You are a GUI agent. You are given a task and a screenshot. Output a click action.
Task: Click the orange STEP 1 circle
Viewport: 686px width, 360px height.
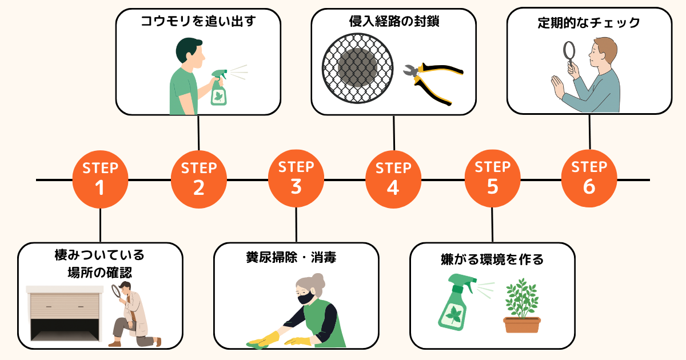[100, 179]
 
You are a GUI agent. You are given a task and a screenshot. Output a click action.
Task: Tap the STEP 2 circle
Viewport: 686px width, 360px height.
[198, 179]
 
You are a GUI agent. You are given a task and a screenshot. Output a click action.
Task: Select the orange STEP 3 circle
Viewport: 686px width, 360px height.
[296, 179]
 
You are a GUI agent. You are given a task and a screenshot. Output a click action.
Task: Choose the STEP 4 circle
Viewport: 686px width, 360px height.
[393, 179]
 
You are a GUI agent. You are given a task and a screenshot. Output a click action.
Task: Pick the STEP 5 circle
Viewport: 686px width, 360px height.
[492, 179]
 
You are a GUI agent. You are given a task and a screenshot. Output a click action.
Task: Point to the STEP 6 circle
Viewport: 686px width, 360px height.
[589, 179]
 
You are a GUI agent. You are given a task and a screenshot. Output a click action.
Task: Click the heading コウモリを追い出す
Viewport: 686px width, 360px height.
[198, 22]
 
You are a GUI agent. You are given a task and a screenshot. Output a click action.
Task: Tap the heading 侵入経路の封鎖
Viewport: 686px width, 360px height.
[393, 22]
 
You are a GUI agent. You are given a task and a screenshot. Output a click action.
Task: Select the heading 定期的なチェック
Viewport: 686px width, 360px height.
[589, 23]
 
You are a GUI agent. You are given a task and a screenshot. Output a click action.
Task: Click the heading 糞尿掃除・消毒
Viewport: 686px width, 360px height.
[296, 258]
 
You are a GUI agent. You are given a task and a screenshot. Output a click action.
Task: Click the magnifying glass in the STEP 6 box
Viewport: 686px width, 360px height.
[570, 54]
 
